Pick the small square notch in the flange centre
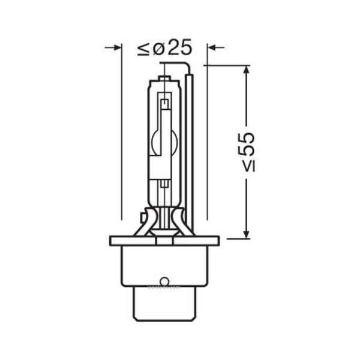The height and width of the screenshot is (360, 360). click(164, 240)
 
